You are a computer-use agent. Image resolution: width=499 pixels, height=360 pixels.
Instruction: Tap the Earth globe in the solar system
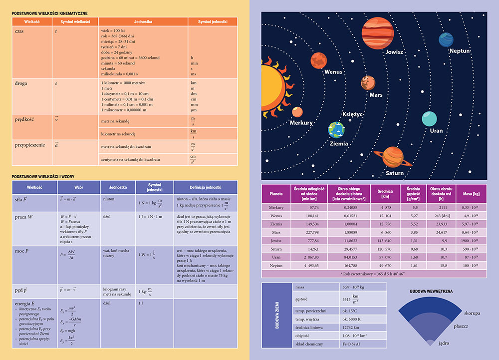[x=336, y=130]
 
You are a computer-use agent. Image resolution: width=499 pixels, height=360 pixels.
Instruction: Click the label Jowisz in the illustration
[x=394, y=52]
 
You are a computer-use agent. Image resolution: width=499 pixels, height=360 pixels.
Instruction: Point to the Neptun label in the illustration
[x=459, y=51]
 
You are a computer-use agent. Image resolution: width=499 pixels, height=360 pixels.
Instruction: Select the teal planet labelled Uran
[x=429, y=119]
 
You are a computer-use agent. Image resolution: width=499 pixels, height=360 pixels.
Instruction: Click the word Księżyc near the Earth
[x=353, y=114]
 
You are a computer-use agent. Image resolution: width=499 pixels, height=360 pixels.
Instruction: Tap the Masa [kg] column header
[x=471, y=193]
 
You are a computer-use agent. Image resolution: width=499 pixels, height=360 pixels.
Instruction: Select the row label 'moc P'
[x=22, y=251]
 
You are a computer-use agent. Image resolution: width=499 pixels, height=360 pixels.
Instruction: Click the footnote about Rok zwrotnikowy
[x=374, y=274]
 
